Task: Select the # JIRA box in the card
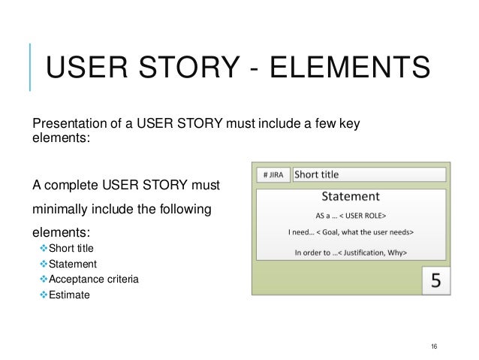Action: [272, 175]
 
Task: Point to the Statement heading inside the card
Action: [350, 198]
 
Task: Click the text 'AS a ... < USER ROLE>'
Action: [350, 213]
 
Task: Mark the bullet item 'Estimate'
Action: [69, 295]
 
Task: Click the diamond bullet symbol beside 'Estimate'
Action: [43, 295]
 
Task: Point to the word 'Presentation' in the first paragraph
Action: [62, 123]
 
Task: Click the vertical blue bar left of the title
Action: [30, 68]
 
